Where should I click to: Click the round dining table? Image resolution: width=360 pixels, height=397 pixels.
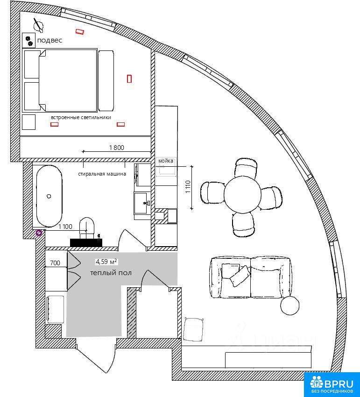click(242, 194)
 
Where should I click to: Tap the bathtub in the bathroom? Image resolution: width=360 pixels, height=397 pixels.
click(49, 196)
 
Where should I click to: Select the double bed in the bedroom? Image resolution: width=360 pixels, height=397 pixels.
click(68, 80)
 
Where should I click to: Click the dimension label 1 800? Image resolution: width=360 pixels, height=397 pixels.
click(117, 147)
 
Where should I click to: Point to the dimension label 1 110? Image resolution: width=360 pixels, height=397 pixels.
click(188, 186)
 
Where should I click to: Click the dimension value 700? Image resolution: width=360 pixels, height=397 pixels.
click(55, 263)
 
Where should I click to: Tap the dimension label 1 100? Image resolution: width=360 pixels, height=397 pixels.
click(65, 227)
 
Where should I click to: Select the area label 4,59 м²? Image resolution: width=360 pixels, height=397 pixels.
click(106, 261)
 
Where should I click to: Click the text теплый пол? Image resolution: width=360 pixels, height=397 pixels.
click(111, 273)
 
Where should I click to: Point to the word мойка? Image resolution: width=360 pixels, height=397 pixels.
click(166, 161)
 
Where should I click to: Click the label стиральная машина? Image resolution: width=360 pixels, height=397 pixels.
click(102, 174)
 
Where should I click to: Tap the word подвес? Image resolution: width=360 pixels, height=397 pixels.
click(49, 40)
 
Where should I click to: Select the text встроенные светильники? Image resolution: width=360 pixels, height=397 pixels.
click(81, 118)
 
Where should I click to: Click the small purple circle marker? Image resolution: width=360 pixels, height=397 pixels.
click(39, 233)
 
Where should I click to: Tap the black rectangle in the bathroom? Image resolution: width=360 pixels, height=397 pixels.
click(86, 242)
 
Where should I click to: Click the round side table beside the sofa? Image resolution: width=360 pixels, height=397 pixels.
click(290, 305)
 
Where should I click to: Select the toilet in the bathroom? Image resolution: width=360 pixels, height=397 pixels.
click(87, 227)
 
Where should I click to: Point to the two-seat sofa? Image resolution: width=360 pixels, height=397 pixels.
click(251, 277)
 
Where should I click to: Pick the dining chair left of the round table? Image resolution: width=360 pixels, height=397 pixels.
click(212, 193)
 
